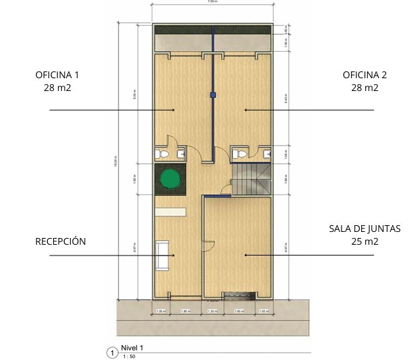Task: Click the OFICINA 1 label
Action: tap(53, 75)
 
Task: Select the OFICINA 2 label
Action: tap(364, 75)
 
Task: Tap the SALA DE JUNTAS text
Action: tap(364, 229)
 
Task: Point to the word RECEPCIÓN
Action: tap(61, 241)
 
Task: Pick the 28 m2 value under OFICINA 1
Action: tap(53, 88)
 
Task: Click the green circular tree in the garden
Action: tap(170, 179)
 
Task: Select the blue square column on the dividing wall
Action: tap(213, 94)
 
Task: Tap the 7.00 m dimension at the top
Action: tap(212, 2)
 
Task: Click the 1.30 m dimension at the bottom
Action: tap(212, 311)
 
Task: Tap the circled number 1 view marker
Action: tap(112, 352)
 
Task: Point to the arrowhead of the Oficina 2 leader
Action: tap(245, 109)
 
